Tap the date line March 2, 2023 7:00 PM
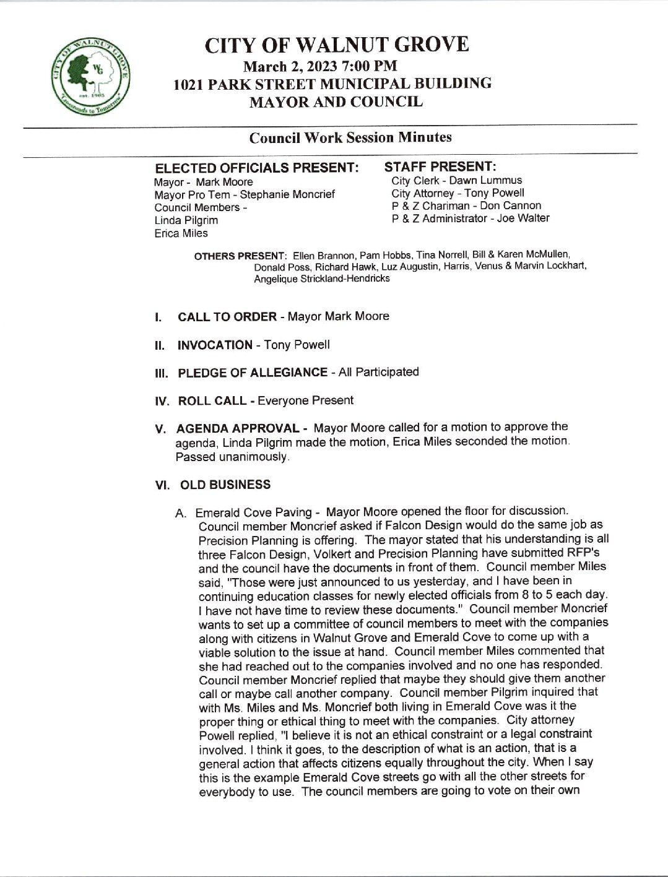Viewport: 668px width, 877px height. tap(320, 66)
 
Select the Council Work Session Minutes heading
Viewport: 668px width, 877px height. tap(350, 137)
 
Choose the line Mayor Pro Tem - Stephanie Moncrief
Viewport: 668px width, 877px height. tap(245, 194)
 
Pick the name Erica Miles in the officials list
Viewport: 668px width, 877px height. tap(181, 233)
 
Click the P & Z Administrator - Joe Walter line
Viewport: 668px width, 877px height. tap(470, 218)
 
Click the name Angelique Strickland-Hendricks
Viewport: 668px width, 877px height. tap(322, 279)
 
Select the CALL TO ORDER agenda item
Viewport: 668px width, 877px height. tap(227, 317)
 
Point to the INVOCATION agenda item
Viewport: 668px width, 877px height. tap(215, 345)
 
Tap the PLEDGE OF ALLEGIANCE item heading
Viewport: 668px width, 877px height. tap(252, 373)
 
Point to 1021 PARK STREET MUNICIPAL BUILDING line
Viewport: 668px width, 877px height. tap(333, 84)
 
